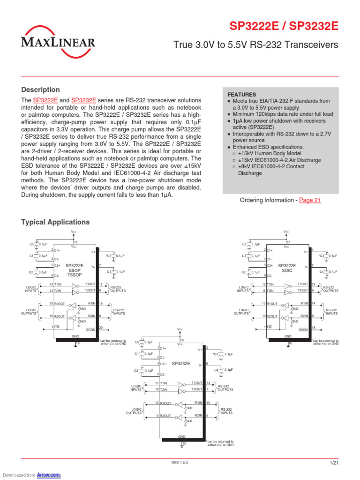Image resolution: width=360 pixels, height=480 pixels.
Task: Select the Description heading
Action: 41,90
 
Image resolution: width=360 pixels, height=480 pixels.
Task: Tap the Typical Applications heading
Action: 55,222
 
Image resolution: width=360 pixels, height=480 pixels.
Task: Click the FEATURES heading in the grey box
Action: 242,94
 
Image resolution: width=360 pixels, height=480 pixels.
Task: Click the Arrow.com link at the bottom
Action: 52,475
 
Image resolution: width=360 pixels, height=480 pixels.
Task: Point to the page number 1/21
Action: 334,463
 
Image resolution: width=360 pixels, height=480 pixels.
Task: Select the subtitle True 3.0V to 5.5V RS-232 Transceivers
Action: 255,45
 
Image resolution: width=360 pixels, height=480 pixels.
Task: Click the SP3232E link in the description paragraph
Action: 84,100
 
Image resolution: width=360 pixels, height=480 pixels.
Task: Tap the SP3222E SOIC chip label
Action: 287,268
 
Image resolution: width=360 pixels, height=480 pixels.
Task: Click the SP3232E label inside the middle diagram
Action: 180,363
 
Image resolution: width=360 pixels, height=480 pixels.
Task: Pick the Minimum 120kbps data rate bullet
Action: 283,114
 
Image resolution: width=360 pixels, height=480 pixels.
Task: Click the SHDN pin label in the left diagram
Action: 90,330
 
